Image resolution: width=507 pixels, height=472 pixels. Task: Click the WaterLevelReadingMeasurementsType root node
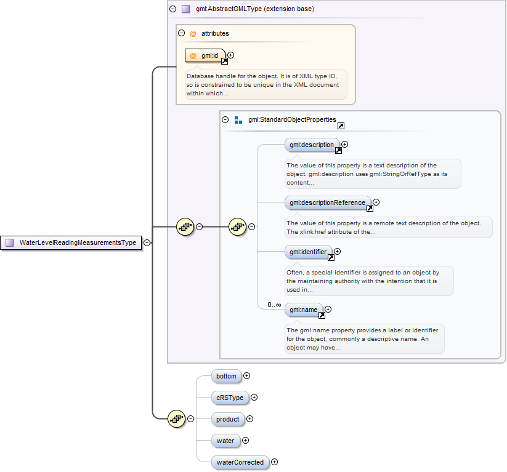71,242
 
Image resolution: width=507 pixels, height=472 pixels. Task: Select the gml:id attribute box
206,55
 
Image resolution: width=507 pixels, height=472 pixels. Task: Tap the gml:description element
312,145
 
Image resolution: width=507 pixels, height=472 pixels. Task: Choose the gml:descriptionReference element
327,202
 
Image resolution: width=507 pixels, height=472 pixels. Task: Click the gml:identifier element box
308,252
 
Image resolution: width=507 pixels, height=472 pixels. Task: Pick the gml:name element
303,310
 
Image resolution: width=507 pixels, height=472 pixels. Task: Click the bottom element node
225,375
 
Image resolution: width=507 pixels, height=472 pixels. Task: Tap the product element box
227,419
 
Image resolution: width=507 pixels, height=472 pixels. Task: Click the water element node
225,441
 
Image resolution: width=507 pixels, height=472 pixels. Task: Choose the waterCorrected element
240,462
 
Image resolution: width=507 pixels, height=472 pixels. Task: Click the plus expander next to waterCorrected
275,462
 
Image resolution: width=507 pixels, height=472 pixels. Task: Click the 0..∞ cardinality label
274,305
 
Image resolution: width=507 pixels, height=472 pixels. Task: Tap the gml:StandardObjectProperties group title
292,119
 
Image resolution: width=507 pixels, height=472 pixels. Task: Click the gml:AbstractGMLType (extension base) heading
254,9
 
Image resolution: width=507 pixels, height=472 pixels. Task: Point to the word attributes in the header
215,33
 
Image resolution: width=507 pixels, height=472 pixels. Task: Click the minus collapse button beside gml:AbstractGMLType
172,9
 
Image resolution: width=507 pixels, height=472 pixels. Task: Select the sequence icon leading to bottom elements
177,418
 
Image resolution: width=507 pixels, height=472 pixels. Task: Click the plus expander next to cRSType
254,398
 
